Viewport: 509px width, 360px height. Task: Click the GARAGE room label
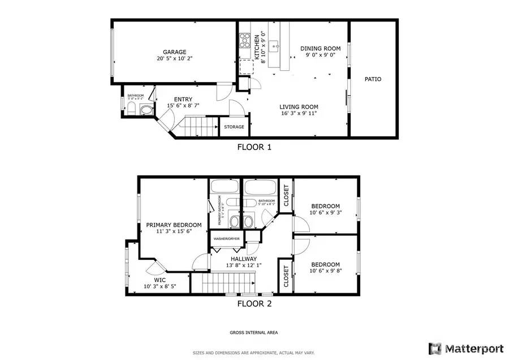click(x=174, y=52)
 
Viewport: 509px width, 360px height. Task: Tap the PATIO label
click(x=372, y=79)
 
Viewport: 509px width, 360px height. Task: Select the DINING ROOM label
click(x=320, y=49)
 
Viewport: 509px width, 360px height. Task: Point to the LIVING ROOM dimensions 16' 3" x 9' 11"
click(x=299, y=113)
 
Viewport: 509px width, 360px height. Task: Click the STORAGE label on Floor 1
click(x=234, y=127)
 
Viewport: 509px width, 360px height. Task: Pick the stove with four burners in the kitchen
click(x=245, y=40)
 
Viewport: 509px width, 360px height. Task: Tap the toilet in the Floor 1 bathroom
click(x=145, y=110)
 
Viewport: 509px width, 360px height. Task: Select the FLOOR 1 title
click(x=254, y=147)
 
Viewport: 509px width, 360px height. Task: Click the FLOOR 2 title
click(x=254, y=303)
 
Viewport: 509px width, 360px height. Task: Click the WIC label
click(x=160, y=280)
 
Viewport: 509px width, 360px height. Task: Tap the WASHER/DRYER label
click(x=226, y=239)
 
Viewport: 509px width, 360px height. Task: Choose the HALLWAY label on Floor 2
click(x=243, y=259)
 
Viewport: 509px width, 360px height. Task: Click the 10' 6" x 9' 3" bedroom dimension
click(x=325, y=213)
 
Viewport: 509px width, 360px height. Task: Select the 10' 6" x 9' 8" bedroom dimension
click(x=325, y=272)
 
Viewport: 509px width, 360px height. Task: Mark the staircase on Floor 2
click(x=226, y=281)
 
